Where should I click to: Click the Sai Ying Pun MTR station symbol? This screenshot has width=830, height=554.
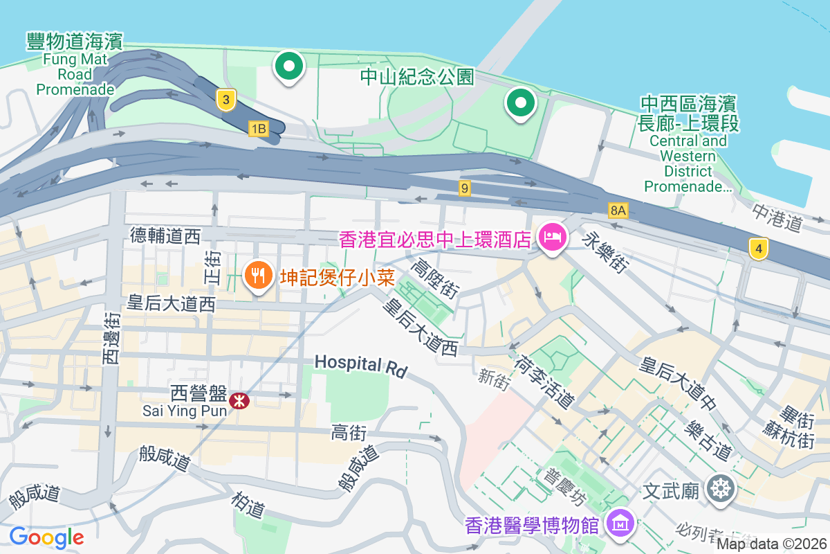[x=239, y=400]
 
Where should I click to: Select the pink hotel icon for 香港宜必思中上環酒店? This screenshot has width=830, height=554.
[x=552, y=239]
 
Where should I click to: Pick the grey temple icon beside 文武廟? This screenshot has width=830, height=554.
[x=721, y=490]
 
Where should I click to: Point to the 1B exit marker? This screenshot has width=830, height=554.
[x=258, y=128]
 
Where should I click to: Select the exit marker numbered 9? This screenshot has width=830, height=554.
[x=465, y=188]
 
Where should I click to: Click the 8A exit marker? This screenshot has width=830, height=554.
[x=618, y=209]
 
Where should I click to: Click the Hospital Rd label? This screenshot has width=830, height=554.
[x=361, y=365]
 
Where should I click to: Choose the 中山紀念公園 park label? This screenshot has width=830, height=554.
[x=418, y=76]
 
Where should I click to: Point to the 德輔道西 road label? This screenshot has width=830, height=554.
[x=165, y=236]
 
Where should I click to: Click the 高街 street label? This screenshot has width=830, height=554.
[x=349, y=434]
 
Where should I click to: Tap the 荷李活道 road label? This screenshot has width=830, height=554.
[x=544, y=382]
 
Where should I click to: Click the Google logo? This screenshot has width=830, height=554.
[x=47, y=537]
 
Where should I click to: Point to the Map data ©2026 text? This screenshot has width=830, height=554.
[x=771, y=544]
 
